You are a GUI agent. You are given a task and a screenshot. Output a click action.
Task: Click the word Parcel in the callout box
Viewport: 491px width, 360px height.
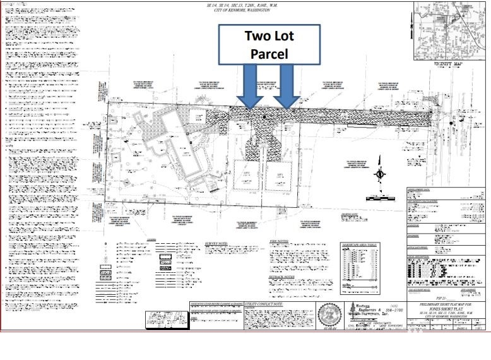(x=269, y=54)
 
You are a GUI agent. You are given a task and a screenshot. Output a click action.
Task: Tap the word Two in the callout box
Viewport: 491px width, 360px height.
(x=257, y=35)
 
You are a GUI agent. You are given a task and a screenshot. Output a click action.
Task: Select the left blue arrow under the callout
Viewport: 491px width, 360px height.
(x=250, y=87)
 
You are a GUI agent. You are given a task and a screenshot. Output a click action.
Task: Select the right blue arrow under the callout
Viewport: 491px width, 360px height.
(x=287, y=87)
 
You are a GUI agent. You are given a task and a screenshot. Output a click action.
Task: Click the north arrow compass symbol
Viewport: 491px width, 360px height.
(x=380, y=174)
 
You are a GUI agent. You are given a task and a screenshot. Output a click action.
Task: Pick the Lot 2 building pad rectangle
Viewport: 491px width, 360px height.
(x=244, y=176)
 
